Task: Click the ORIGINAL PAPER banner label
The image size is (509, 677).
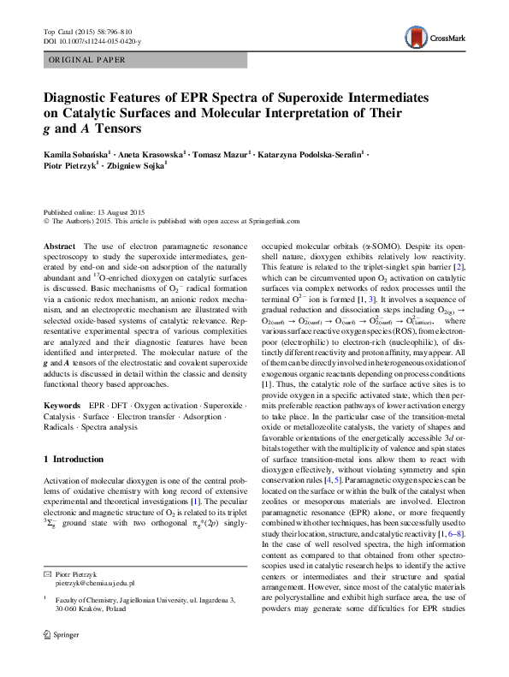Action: pos(86,60)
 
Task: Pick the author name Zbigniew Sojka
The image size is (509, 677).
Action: pos(133,167)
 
